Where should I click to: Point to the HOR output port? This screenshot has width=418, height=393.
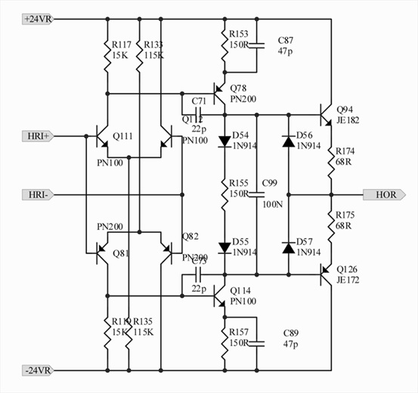tap(384, 194)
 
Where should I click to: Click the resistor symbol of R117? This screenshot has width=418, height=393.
tap(107, 51)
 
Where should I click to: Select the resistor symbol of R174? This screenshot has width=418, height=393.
tap(330, 161)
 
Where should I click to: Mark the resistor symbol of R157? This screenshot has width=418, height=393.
tap(225, 342)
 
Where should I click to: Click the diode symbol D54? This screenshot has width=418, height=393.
tap(225, 141)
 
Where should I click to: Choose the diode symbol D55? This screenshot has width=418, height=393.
tap(225, 247)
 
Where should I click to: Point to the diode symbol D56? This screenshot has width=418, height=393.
tap(288, 141)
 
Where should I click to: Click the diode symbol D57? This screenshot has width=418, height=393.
tap(288, 247)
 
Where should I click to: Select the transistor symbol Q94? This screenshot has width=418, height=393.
tap(325, 115)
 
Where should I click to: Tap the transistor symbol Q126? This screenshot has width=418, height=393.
tap(325, 274)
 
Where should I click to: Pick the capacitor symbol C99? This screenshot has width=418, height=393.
tap(257, 193)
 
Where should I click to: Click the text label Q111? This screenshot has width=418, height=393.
tap(122, 135)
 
